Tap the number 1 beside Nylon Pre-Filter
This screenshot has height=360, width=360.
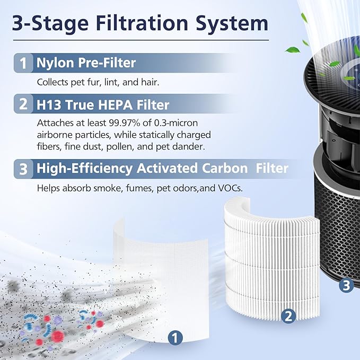[23, 64]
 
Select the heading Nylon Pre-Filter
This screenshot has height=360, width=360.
[86, 64]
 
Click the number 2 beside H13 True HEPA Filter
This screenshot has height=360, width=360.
[23, 104]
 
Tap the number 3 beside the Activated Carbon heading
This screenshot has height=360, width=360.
[23, 169]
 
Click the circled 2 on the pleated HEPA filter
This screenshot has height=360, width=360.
[288, 317]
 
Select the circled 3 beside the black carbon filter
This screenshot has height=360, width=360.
[346, 285]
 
